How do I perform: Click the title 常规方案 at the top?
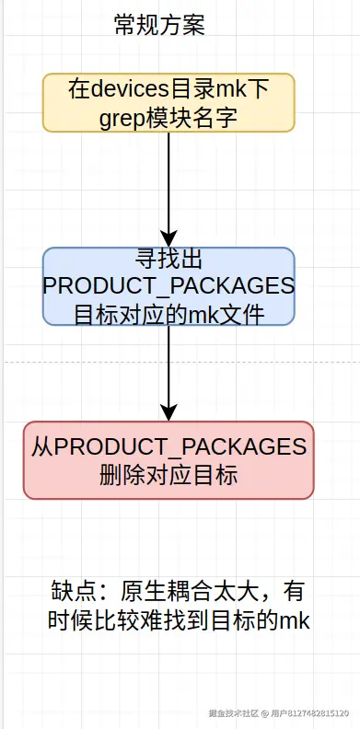tap(158, 25)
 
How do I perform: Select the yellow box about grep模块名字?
tap(168, 103)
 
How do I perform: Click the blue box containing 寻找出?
tap(168, 286)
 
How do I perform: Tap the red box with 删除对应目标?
tap(168, 460)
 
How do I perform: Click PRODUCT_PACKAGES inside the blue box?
tap(168, 286)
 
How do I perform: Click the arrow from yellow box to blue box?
tap(168, 184)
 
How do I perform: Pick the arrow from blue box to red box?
tap(168, 368)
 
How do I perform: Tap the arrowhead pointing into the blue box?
tap(168, 238)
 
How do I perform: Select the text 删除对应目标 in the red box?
tap(168, 476)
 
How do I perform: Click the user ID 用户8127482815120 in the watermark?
tap(308, 713)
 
